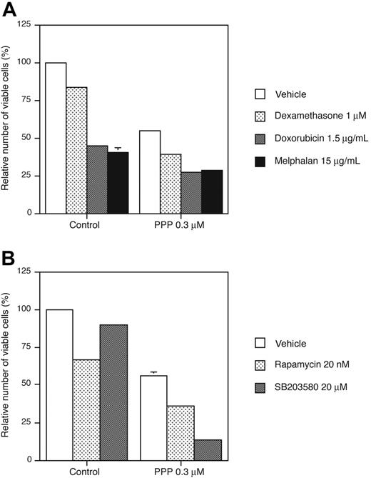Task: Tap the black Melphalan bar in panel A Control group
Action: (118, 182)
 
